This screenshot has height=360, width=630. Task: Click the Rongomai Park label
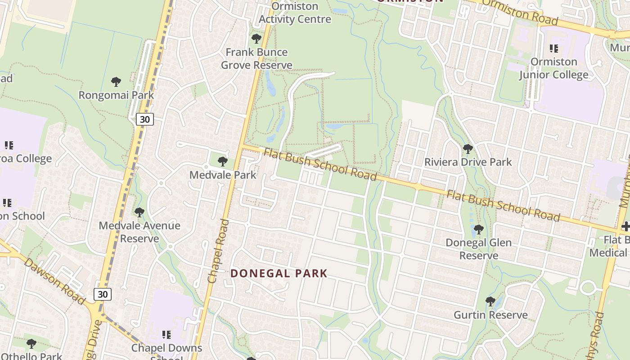(x=116, y=95)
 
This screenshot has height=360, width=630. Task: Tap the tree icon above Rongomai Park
(x=116, y=82)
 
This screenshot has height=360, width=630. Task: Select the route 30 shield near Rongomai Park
(x=144, y=119)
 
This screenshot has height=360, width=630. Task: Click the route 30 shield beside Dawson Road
(x=103, y=294)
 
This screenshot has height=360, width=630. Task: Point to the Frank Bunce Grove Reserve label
(x=256, y=58)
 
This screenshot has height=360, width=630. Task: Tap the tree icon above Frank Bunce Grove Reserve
(x=256, y=39)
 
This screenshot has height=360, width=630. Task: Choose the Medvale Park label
(x=222, y=175)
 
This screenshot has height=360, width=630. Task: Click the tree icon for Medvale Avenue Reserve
(x=139, y=212)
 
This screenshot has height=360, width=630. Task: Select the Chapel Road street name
(x=219, y=251)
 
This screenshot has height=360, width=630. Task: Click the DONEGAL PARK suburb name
(x=279, y=273)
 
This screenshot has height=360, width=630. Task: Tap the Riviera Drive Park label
(x=468, y=162)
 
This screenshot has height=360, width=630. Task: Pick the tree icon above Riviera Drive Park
(x=468, y=148)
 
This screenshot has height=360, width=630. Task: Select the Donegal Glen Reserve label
(x=478, y=249)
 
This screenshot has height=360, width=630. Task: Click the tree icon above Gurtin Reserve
(x=490, y=301)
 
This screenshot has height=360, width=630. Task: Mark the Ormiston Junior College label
(x=553, y=68)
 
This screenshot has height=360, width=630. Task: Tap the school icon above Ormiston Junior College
(x=554, y=48)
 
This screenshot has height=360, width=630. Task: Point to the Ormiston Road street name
(x=519, y=12)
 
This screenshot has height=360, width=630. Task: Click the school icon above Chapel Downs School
(x=166, y=335)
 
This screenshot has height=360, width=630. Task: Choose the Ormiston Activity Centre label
(x=295, y=13)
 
